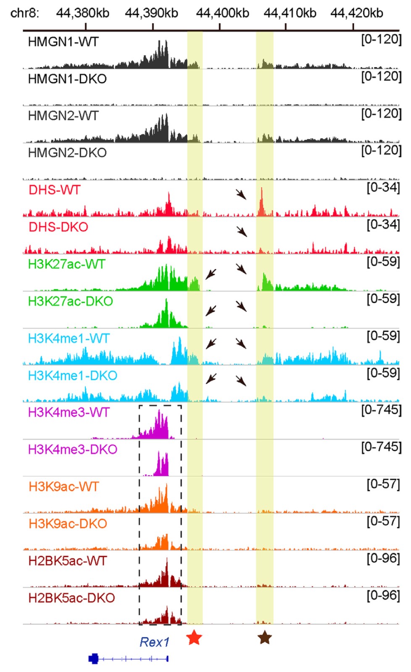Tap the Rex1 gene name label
[154, 642]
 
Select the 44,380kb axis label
[83, 13]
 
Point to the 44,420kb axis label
[356, 13]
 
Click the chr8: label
[24, 13]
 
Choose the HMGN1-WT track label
[63, 42]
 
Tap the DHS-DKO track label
[58, 227]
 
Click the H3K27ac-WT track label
[66, 264]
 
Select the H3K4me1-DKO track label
[72, 375]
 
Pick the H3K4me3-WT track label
[68, 412]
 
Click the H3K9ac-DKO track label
[68, 524]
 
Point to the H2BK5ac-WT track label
[67, 561]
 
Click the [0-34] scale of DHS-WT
[383, 187]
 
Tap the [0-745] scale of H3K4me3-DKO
[381, 447]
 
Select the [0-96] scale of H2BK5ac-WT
[383, 558]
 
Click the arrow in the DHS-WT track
[241, 194]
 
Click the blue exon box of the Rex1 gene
[93, 659]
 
